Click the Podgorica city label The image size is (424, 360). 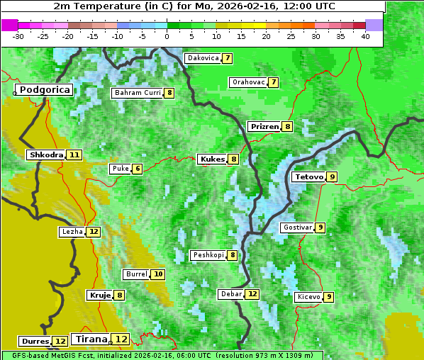44,90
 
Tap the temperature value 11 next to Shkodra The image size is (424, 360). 74,154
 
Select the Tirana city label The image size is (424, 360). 90,339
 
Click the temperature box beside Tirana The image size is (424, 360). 122,339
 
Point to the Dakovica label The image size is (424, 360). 203,58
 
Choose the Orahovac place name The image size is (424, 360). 248,82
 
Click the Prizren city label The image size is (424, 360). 264,127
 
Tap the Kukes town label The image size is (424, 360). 212,159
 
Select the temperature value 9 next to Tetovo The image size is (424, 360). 332,176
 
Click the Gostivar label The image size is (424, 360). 296,227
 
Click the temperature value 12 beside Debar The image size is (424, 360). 252,294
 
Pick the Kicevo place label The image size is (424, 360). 309,297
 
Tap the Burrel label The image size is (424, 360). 136,274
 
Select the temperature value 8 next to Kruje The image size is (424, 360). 120,295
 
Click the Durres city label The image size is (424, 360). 35,342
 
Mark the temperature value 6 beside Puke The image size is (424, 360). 138,169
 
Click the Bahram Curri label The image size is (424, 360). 138,93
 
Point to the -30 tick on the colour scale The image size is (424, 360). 18,36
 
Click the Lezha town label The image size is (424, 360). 72,232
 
